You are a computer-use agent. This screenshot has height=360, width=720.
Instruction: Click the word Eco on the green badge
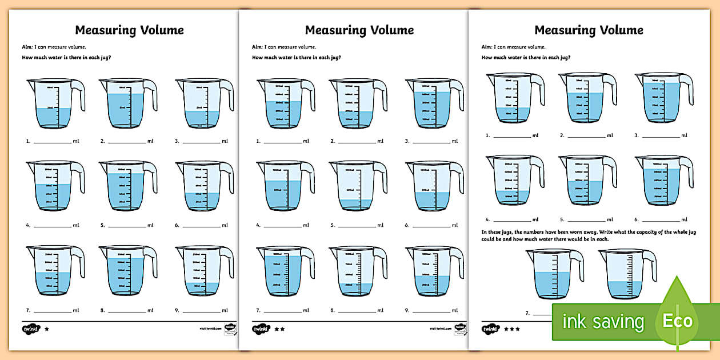tap(677, 321)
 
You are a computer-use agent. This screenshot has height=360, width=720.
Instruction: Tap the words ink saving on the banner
tap(603, 322)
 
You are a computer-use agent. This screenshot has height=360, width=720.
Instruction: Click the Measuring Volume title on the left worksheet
tap(130, 30)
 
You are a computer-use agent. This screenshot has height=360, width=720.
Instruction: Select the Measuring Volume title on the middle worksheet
tap(359, 30)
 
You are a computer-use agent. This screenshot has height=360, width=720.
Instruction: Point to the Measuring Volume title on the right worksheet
tap(589, 30)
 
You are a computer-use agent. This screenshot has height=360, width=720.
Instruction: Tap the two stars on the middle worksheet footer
tap(278, 329)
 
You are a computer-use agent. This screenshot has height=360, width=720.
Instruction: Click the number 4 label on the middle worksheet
tap(258, 225)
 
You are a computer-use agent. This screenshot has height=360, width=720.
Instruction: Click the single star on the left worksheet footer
tap(47, 329)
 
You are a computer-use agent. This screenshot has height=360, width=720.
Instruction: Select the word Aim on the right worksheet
tap(486, 47)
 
